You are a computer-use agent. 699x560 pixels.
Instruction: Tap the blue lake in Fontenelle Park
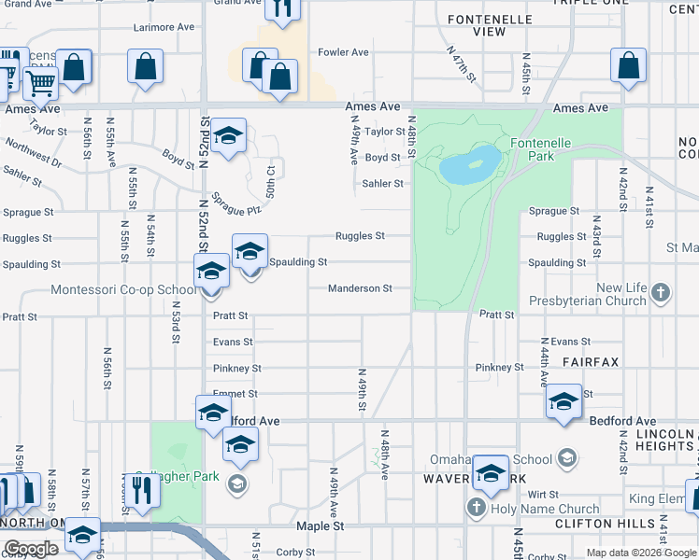[469, 164]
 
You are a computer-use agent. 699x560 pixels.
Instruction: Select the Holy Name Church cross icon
[475, 509]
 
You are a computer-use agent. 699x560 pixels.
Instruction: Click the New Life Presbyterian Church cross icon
[661, 293]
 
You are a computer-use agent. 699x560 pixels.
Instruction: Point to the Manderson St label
[360, 289]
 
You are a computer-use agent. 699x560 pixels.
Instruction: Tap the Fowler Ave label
[344, 52]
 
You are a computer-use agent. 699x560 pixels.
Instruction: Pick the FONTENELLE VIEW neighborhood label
[477, 25]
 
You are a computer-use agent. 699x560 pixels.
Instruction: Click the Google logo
[32, 549]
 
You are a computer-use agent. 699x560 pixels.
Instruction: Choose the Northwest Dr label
[33, 151]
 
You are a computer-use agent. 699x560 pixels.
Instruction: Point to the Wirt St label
[542, 494]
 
